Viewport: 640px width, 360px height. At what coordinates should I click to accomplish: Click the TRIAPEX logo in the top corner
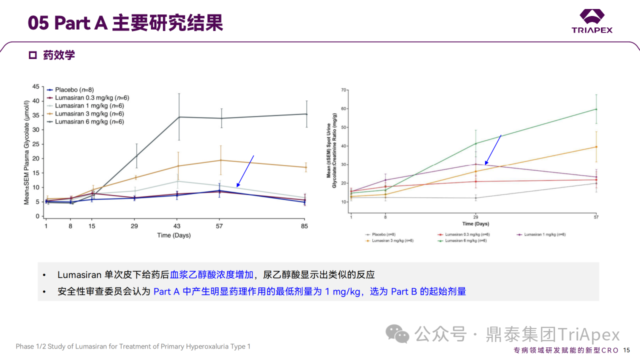[592, 21]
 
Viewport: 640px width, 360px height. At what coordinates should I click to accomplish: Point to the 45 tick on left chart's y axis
[35, 86]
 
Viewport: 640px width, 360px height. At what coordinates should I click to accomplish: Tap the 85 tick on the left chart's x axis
[304, 226]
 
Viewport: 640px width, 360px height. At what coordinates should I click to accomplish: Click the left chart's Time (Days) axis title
[173, 235]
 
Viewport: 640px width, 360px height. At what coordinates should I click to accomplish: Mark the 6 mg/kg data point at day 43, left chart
[179, 117]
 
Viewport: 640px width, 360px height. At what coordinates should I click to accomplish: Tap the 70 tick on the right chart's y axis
[344, 90]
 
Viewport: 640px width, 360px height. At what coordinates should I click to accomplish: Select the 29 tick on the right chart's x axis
[475, 217]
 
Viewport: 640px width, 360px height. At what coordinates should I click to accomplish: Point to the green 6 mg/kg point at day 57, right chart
[595, 109]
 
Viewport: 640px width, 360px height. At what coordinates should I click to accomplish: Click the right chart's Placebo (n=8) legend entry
[385, 234]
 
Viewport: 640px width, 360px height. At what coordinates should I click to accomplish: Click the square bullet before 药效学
[33, 55]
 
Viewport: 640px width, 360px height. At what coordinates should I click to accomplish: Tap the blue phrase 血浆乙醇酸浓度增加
[211, 274]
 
